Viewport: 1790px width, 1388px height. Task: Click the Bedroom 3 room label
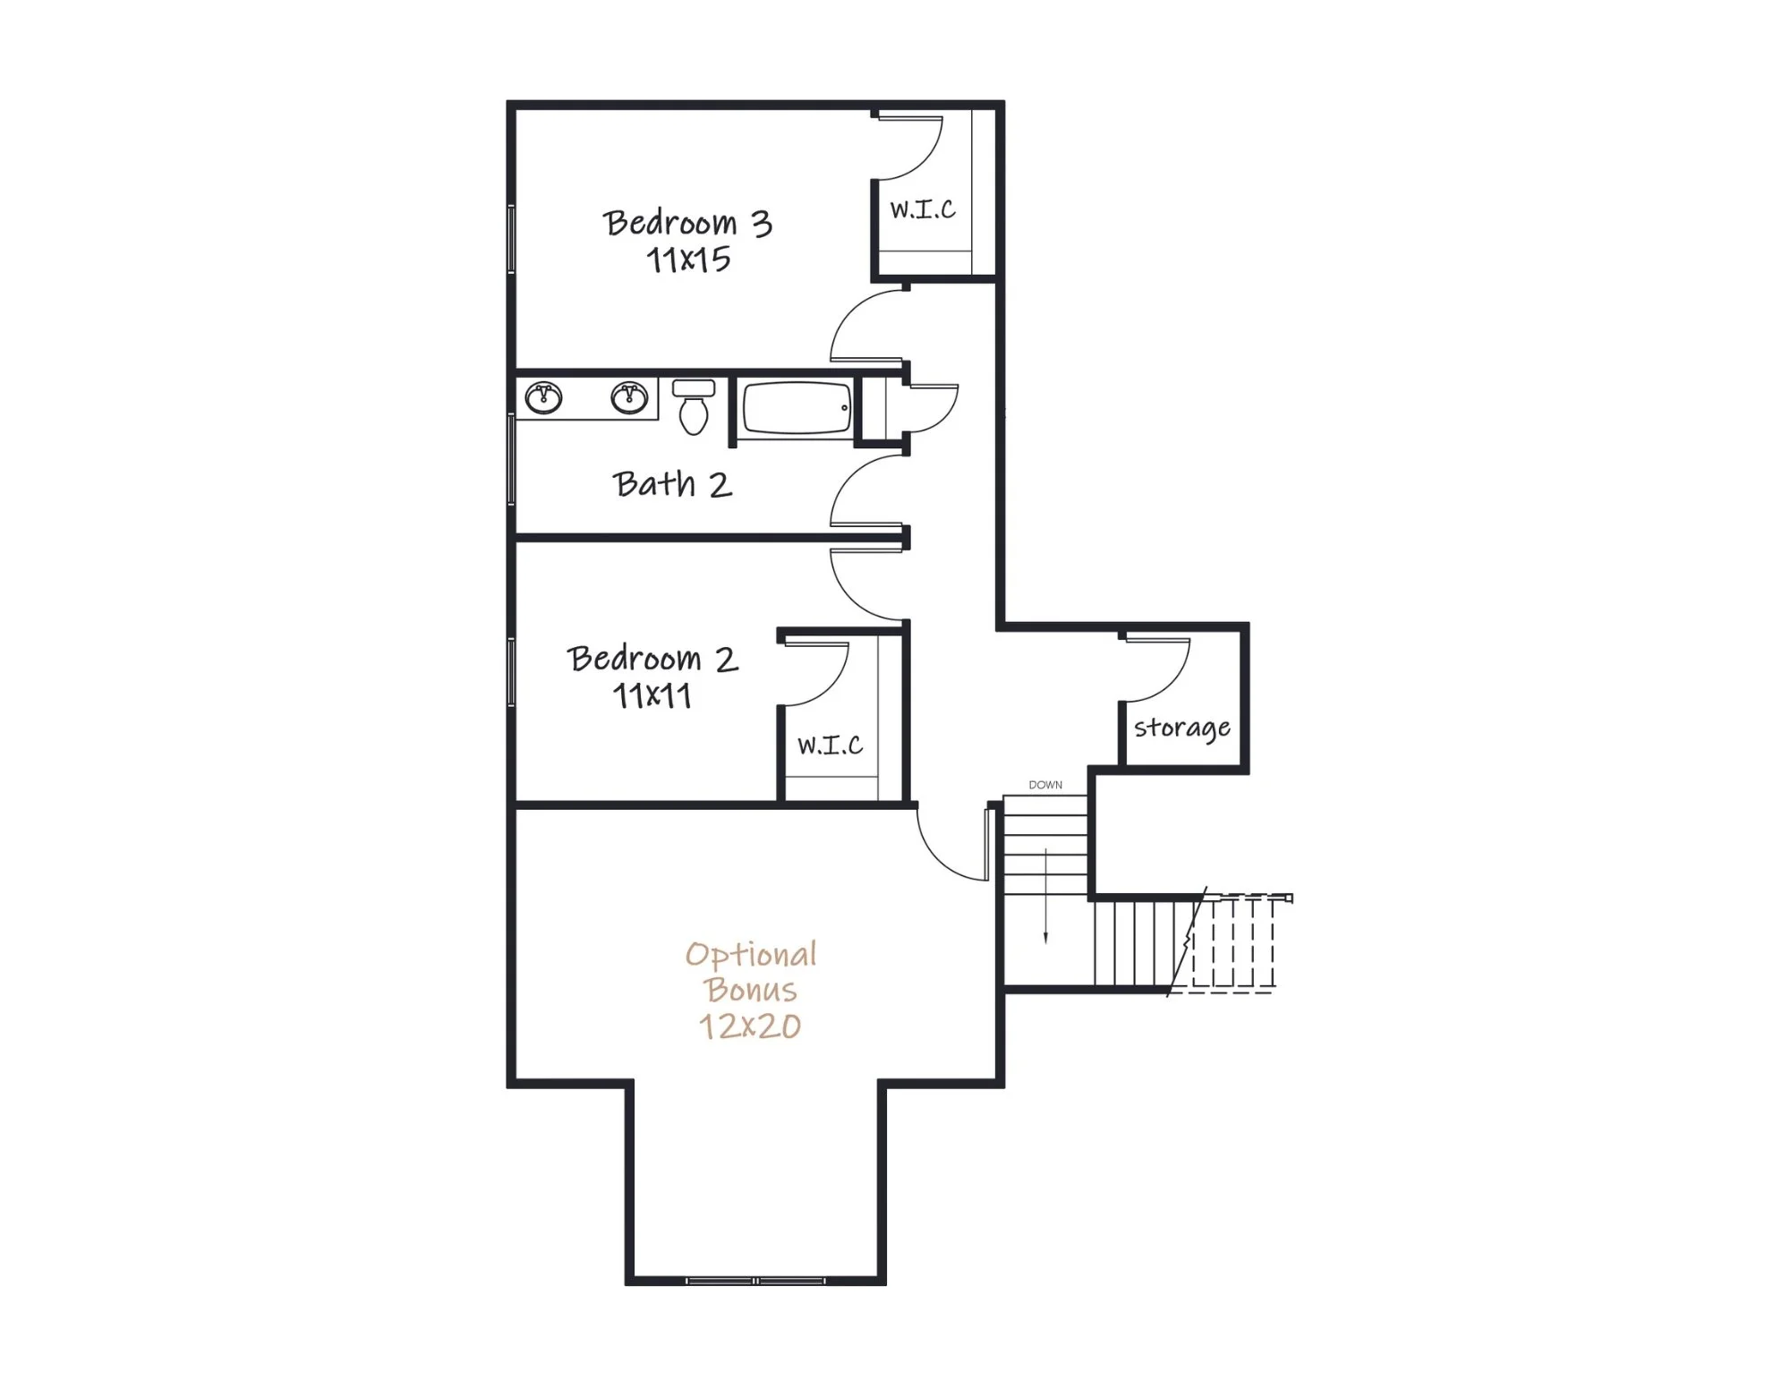(687, 223)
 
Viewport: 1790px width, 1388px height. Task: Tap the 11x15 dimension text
(688, 260)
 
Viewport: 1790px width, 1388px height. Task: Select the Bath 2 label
(673, 484)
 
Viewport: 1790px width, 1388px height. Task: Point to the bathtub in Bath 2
(796, 408)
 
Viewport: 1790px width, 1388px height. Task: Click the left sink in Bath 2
(543, 397)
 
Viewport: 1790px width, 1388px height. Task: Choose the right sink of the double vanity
(629, 397)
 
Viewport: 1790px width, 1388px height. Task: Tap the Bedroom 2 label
(652, 659)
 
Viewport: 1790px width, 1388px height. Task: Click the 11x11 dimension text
(652, 696)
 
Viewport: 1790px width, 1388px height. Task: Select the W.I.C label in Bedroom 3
(923, 209)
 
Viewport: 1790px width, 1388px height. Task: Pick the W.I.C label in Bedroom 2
(831, 745)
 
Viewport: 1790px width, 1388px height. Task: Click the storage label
(1182, 728)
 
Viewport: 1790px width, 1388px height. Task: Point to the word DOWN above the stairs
(1045, 785)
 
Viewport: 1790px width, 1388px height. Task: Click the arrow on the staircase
(1045, 895)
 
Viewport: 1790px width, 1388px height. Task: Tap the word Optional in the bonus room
(751, 956)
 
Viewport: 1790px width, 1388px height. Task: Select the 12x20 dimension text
(750, 1026)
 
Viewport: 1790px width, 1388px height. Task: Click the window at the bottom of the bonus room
(755, 1281)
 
